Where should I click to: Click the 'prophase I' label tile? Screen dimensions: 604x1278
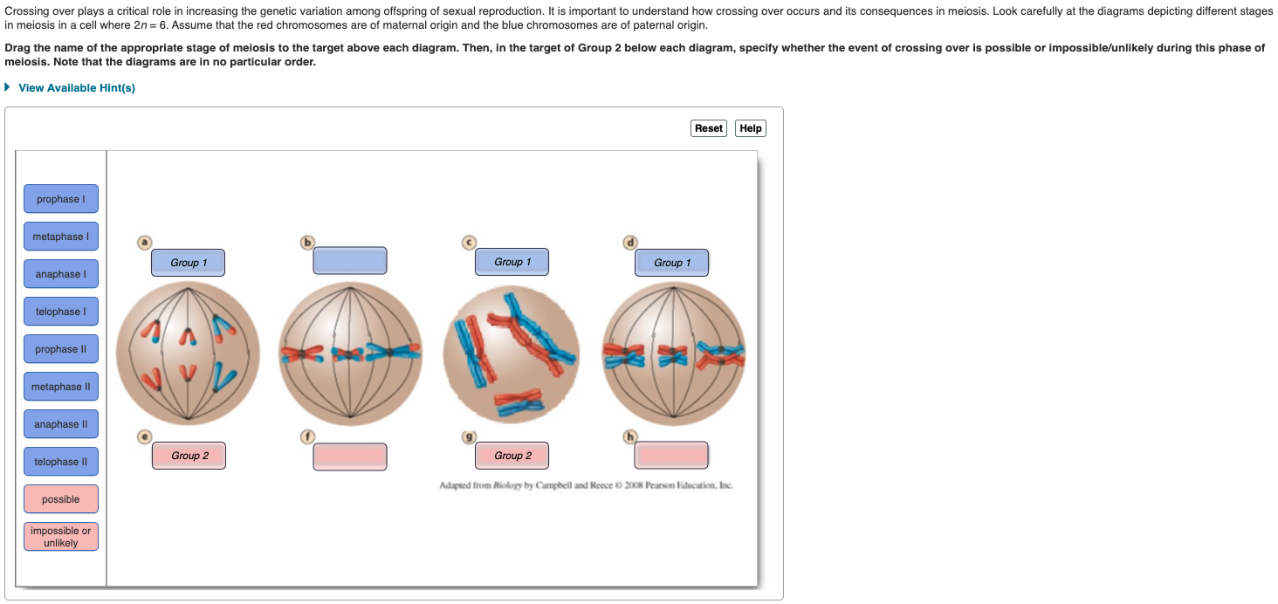(60, 199)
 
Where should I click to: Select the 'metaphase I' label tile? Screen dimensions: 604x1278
(60, 237)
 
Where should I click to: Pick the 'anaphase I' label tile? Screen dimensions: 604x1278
(60, 274)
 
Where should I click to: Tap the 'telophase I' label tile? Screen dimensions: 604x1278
(60, 312)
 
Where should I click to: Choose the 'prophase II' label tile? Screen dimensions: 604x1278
(60, 349)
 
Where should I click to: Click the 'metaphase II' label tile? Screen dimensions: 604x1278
(60, 387)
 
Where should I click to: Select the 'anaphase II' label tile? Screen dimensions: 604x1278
(60, 424)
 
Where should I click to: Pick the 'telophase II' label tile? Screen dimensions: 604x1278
(60, 462)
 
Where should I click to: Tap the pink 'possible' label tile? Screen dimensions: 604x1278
(60, 499)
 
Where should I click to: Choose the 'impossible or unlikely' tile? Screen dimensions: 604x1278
(60, 537)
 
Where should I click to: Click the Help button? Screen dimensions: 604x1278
(750, 128)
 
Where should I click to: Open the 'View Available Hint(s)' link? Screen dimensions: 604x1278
(76, 88)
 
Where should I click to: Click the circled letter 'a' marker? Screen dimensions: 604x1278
(145, 242)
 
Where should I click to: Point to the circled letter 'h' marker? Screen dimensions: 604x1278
(630, 436)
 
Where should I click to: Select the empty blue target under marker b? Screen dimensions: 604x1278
(350, 261)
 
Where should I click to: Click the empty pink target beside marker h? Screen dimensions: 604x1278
(671, 456)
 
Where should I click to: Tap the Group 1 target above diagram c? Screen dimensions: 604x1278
(512, 262)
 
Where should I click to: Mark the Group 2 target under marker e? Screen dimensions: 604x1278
(189, 456)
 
